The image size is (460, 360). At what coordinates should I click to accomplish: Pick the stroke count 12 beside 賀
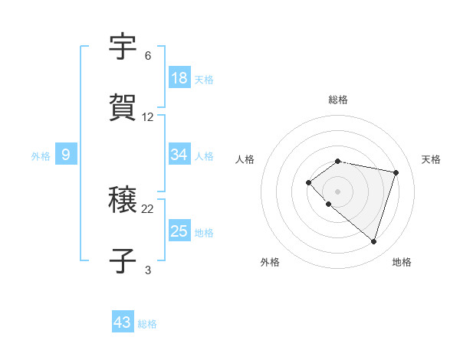tap(148, 117)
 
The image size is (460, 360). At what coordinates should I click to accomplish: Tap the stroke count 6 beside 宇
tap(148, 57)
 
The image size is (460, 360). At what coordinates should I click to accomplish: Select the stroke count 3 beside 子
tap(148, 269)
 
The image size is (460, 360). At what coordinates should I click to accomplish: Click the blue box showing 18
tap(179, 78)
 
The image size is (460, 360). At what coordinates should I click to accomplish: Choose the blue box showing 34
tap(179, 155)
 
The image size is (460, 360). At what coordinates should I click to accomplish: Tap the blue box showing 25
tap(179, 231)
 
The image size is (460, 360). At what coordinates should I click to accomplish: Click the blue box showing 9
tap(66, 155)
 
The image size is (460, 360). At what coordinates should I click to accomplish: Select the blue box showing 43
tap(123, 322)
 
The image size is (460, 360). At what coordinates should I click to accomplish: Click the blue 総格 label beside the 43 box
tap(148, 324)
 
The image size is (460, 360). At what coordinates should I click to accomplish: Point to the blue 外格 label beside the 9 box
tap(41, 156)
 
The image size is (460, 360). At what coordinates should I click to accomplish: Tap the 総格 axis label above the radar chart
tap(338, 100)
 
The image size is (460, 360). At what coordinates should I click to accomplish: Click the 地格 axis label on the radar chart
tap(402, 262)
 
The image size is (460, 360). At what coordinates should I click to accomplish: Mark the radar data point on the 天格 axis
tap(396, 172)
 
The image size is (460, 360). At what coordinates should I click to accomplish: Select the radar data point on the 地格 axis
tap(373, 241)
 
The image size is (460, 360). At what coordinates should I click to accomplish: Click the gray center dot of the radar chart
tap(337, 191)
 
